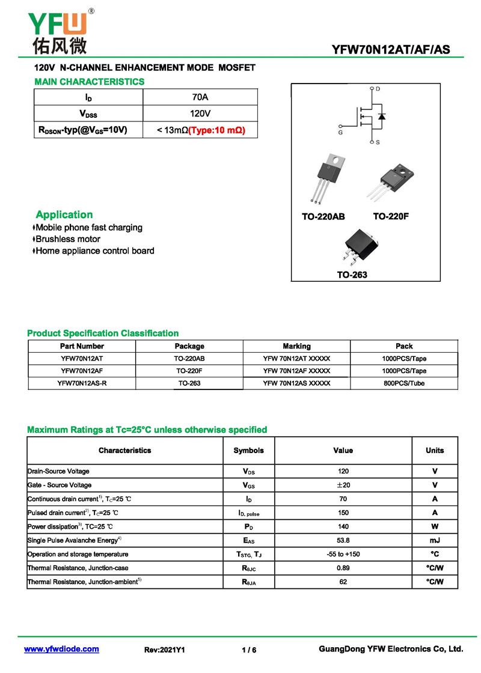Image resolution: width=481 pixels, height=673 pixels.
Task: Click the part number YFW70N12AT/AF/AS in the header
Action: [x=390, y=50]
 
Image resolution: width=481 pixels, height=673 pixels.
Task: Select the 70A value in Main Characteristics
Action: [x=200, y=97]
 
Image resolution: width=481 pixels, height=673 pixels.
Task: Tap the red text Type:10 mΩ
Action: [x=217, y=130]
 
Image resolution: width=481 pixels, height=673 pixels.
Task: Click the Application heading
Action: [x=64, y=215]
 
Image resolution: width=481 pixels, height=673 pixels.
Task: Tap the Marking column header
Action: [x=296, y=346]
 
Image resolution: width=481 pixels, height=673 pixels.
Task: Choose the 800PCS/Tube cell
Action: [x=404, y=383]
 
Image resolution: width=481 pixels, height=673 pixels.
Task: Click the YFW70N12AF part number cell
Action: [x=82, y=371]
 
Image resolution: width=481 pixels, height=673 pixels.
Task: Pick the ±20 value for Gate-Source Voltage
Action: [x=343, y=485]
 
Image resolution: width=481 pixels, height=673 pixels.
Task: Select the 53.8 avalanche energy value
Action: [x=343, y=540]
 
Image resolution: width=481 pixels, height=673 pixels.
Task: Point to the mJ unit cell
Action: [x=435, y=540]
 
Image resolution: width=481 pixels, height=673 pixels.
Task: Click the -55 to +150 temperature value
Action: [x=343, y=554]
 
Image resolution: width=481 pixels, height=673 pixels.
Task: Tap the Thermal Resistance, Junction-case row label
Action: [x=78, y=568]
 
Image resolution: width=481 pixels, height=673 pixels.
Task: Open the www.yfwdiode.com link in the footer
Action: [x=61, y=649]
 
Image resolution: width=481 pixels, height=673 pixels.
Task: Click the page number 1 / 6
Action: [x=248, y=650]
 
